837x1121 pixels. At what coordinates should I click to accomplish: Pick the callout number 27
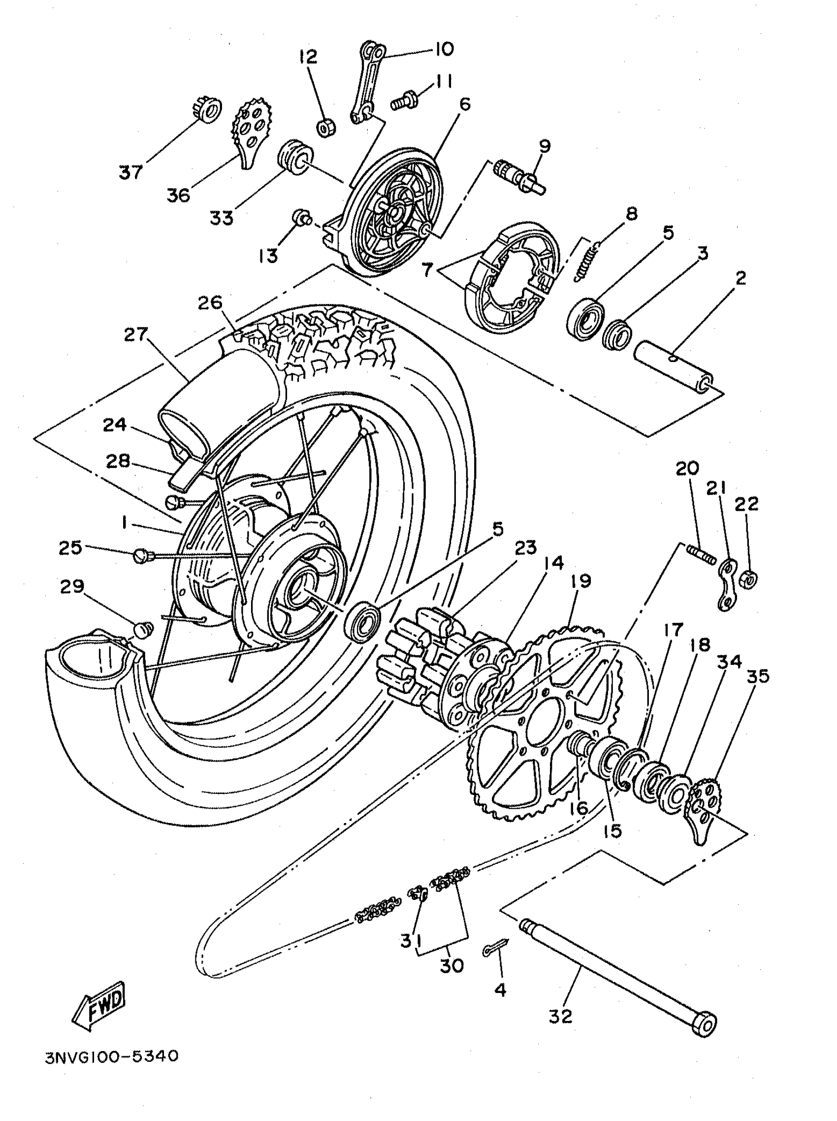(136, 334)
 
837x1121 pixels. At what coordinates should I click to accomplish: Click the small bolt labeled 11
(404, 101)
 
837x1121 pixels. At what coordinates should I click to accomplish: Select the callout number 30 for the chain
(451, 965)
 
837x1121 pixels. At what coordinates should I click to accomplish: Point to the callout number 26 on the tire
(210, 302)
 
